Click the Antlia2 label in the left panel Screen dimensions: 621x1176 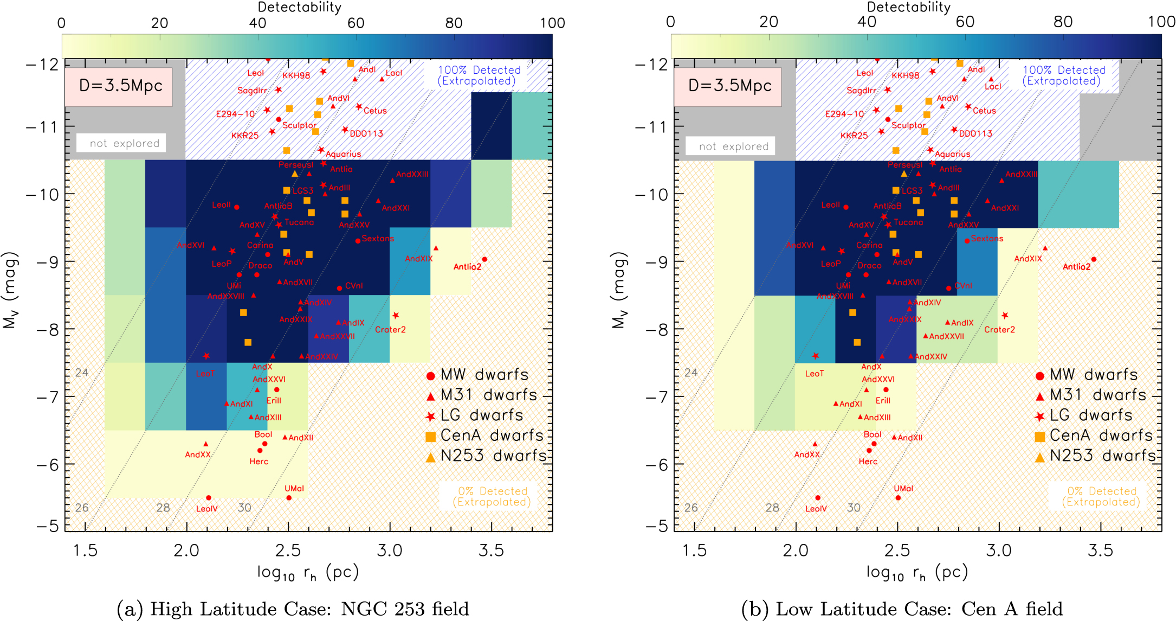click(x=467, y=267)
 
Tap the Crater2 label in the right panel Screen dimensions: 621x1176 click(x=999, y=330)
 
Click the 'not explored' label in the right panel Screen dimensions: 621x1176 click(x=733, y=146)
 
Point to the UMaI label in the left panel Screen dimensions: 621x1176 click(x=294, y=489)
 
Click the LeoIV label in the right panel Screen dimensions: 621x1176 click(x=816, y=509)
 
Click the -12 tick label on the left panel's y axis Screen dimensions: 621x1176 click(x=42, y=65)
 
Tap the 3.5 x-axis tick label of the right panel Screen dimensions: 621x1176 click(x=1100, y=550)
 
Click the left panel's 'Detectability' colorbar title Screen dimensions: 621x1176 click(x=299, y=7)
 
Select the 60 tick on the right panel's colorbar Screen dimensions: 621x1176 click(x=965, y=22)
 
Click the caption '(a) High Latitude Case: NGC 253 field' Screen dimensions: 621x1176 click(x=293, y=609)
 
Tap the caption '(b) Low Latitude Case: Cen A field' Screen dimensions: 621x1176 click(x=902, y=609)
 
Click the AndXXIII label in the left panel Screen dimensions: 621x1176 click(x=412, y=175)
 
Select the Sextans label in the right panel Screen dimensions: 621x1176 click(x=987, y=239)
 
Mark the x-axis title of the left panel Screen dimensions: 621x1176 click(x=308, y=573)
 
